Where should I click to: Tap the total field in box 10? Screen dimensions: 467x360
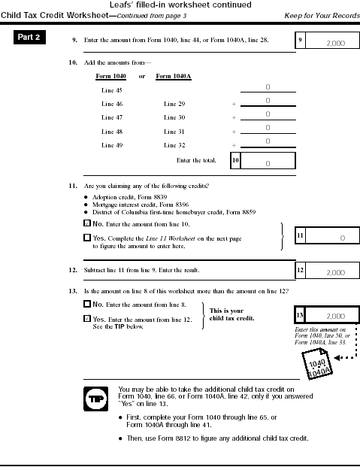pyautogui.click(x=268, y=162)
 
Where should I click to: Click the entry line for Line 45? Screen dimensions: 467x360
pyautogui.click(x=268, y=88)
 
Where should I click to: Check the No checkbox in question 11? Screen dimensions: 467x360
pyautogui.click(x=86, y=224)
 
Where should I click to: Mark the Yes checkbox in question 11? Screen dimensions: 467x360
pyautogui.click(x=86, y=238)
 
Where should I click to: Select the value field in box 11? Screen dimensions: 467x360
pyautogui.click(x=331, y=238)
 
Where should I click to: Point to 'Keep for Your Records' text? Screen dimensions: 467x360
pyautogui.click(x=321, y=16)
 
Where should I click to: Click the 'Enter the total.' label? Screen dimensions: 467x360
pyautogui.click(x=196, y=160)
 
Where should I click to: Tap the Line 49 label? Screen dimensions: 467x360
pyautogui.click(x=112, y=144)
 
